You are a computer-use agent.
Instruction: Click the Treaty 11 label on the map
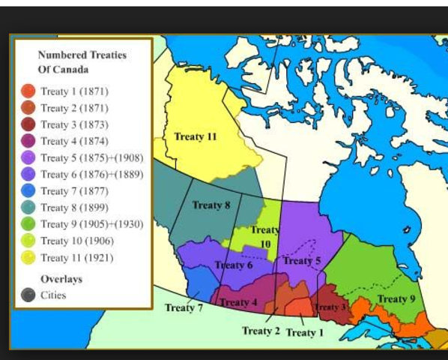(x=196, y=136)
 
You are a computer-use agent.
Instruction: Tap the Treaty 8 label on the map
(x=211, y=205)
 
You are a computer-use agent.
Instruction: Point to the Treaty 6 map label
(x=234, y=265)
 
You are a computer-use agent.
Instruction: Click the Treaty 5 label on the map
(x=302, y=260)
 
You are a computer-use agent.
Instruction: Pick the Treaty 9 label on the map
(x=396, y=298)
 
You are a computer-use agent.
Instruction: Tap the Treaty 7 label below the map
(x=184, y=307)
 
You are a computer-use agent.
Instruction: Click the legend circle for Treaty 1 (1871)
(x=28, y=91)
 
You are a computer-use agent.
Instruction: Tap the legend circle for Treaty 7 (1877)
(x=28, y=190)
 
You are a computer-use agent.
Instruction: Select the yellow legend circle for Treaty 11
(x=28, y=257)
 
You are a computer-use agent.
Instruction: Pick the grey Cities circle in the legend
(x=28, y=295)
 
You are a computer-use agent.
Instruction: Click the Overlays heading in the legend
(x=61, y=279)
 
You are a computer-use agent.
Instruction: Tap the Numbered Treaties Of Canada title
(x=82, y=62)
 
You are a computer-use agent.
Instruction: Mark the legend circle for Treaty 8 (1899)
(x=28, y=207)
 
